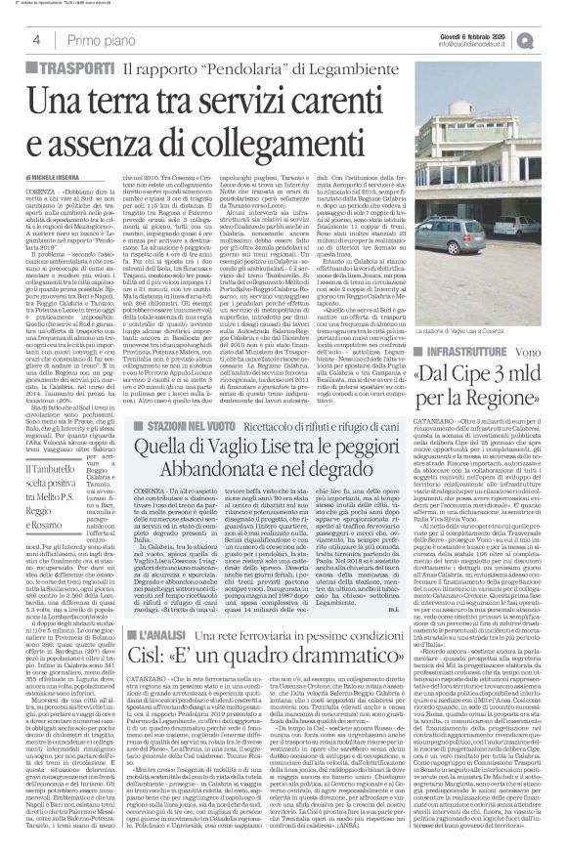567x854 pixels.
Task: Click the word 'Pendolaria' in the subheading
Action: [x=217, y=69]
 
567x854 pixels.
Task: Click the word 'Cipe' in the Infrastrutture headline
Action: [x=480, y=372]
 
